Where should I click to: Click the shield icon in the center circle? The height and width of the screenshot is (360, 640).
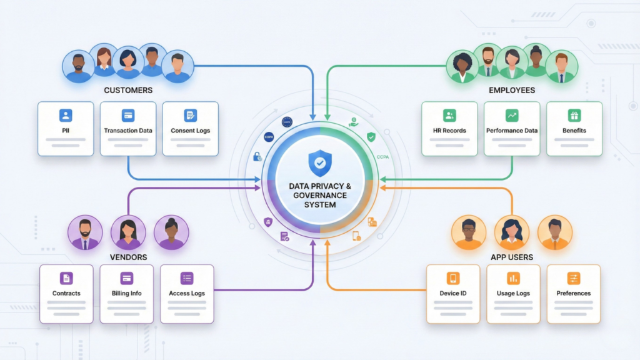click(320, 163)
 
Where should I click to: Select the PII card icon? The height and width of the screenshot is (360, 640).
click(66, 116)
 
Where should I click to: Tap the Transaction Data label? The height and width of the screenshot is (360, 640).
click(128, 131)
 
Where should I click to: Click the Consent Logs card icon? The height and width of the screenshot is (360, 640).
click(191, 116)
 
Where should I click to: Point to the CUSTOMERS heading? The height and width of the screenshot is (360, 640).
click(128, 90)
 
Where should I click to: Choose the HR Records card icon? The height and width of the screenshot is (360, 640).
click(449, 116)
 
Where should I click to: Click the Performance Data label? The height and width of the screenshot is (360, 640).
click(512, 131)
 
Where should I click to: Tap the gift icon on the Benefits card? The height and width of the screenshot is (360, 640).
click(574, 116)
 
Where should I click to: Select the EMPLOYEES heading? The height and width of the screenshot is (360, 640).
click(512, 90)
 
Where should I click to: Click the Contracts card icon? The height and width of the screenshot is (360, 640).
click(66, 278)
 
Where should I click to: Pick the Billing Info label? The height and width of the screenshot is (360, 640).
click(127, 293)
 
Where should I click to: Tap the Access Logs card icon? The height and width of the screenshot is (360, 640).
click(187, 278)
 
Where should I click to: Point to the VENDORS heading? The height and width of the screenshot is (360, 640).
click(128, 257)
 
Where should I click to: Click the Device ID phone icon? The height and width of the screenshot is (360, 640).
click(453, 278)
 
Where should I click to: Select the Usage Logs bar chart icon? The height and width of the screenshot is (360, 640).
click(513, 278)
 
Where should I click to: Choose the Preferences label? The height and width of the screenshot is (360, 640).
click(574, 293)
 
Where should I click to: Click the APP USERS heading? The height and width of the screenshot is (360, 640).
click(512, 257)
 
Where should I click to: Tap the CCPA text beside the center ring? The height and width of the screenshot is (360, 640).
click(383, 157)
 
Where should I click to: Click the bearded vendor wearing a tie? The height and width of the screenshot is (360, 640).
click(85, 232)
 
